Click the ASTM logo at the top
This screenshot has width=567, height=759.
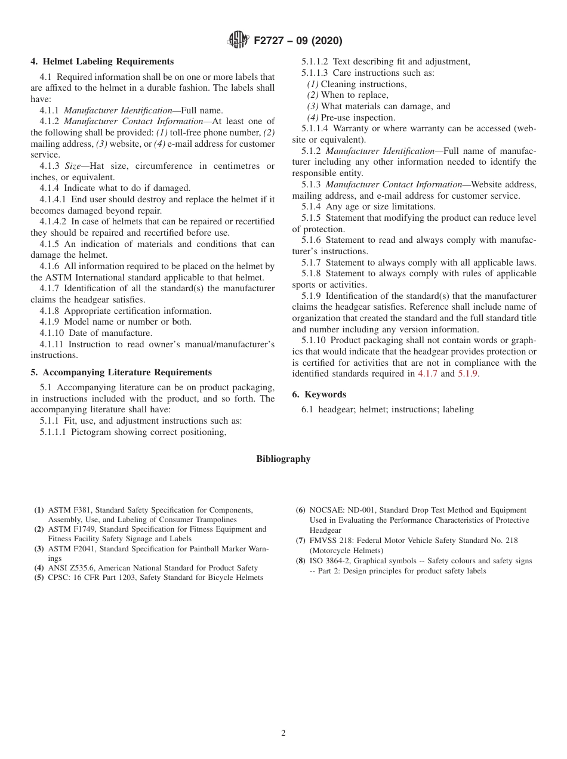point(238,41)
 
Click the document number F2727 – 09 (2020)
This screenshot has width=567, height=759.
point(298,41)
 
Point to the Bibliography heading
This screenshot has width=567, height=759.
point(283,459)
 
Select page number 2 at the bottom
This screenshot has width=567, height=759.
point(283,733)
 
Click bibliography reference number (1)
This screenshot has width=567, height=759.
point(39,510)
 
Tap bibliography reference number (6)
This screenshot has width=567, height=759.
point(301,510)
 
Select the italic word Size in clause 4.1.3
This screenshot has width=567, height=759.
point(72,166)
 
